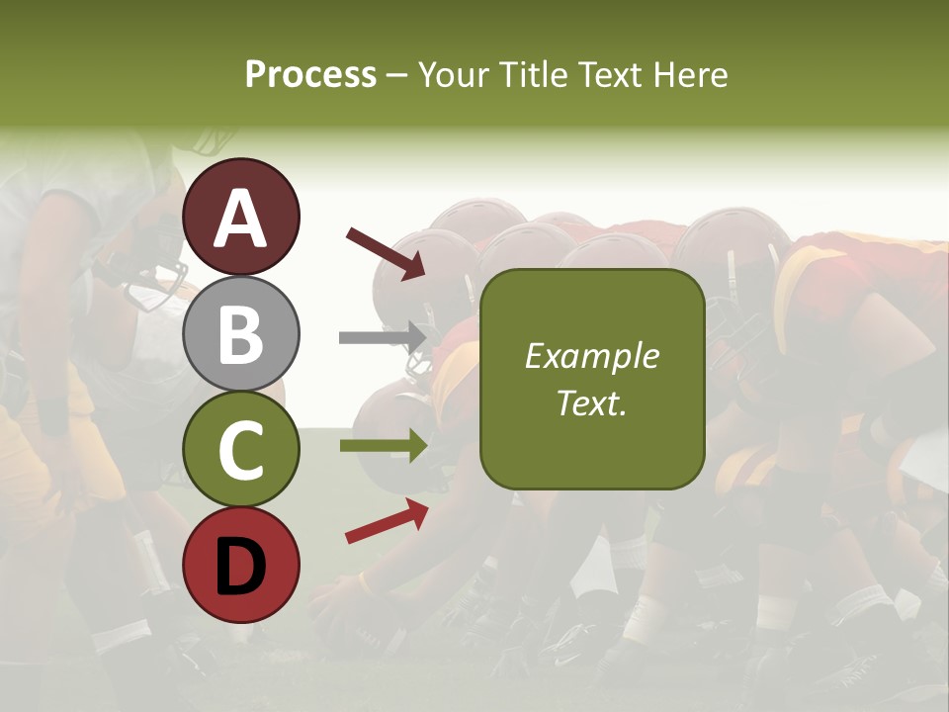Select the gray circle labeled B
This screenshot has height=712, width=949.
(x=241, y=334)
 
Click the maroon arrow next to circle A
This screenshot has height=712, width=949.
(x=386, y=253)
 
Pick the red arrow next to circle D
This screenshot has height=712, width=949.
(x=387, y=521)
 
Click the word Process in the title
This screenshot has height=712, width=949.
(x=310, y=75)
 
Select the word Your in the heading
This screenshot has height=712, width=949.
(x=454, y=75)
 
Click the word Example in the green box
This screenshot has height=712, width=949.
(x=591, y=356)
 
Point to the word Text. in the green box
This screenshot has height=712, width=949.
(x=591, y=403)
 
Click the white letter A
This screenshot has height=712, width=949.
(x=241, y=218)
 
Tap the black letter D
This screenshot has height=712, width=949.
(x=241, y=566)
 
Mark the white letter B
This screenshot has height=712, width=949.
(x=241, y=334)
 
